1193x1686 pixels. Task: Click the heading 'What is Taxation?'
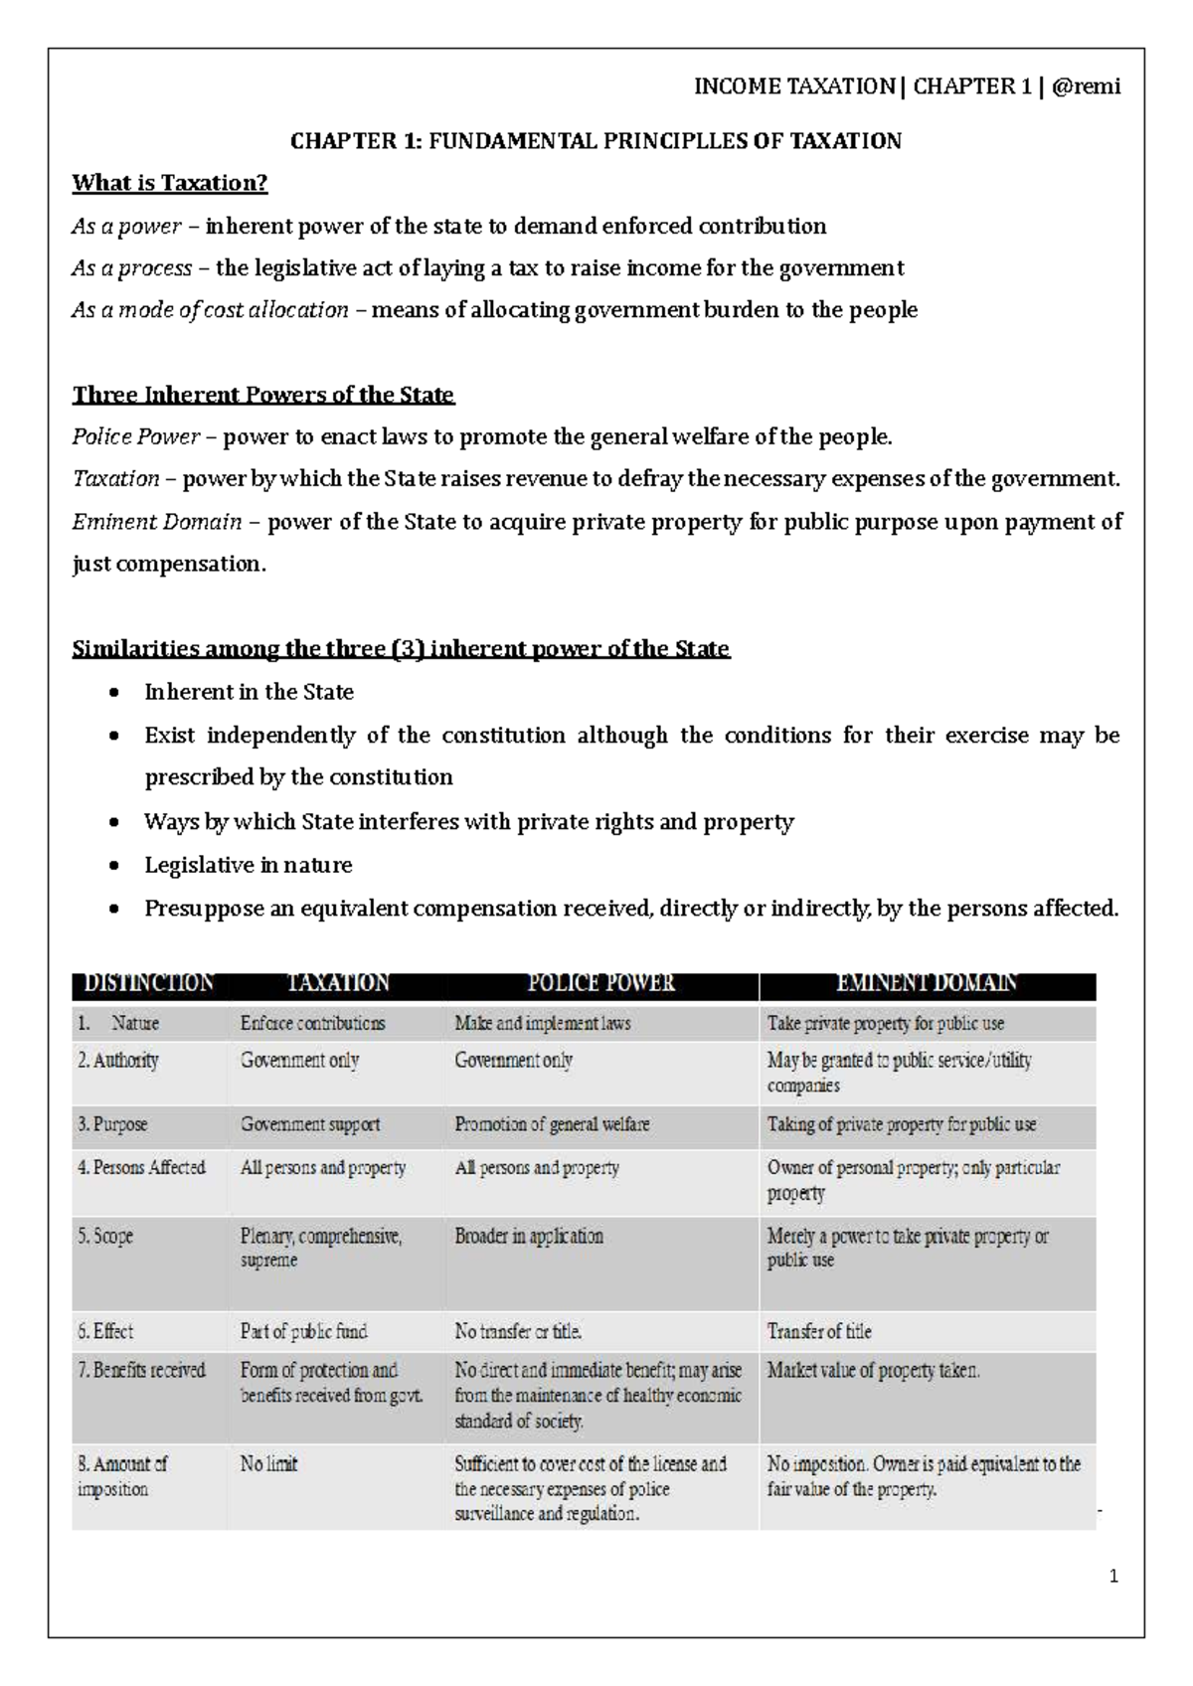170,183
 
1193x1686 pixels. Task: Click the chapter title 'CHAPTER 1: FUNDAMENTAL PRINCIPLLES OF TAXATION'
596,141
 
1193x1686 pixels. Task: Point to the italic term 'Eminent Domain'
157,522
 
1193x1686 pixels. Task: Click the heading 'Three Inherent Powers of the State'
262,396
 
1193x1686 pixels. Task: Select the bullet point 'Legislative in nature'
249,865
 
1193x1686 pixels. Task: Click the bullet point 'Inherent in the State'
249,692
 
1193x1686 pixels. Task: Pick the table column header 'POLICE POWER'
601,983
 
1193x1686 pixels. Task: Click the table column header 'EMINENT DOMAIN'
927,983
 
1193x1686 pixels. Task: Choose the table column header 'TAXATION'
338,983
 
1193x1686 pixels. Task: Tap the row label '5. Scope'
105,1237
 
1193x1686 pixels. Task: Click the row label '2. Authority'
118,1061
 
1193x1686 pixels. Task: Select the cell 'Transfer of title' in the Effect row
819,1331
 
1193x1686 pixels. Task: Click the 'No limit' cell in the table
269,1464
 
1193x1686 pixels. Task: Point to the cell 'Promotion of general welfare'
552,1124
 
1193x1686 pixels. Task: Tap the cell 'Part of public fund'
303,1331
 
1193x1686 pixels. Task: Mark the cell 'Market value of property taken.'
873,1370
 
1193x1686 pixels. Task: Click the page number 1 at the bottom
1114,1577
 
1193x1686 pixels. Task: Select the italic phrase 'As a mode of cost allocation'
210,310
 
